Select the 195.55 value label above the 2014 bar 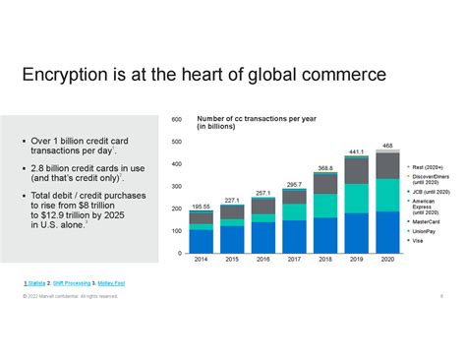201,206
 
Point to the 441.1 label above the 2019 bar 357,152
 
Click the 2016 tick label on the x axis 262,260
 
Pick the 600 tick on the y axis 177,120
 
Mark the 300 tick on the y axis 177,187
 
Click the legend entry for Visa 419,240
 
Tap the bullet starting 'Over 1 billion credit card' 75,147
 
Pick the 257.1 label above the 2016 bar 262,194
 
